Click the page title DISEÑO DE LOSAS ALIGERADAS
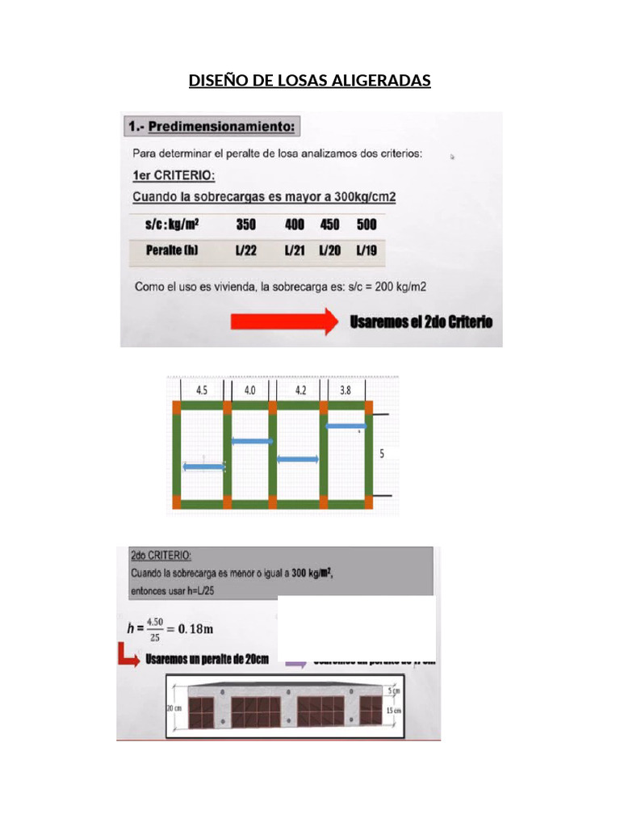[309, 81]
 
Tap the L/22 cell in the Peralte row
[245, 251]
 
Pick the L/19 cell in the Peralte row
[366, 251]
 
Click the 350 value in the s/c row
[245, 225]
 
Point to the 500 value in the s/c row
[367, 225]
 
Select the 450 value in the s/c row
[329, 225]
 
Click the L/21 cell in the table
[294, 251]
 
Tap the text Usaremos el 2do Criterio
[421, 321]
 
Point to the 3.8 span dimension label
[346, 389]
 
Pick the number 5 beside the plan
[383, 455]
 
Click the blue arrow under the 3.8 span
[346, 426]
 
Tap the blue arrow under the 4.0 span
[252, 441]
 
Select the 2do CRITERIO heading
[161, 556]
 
